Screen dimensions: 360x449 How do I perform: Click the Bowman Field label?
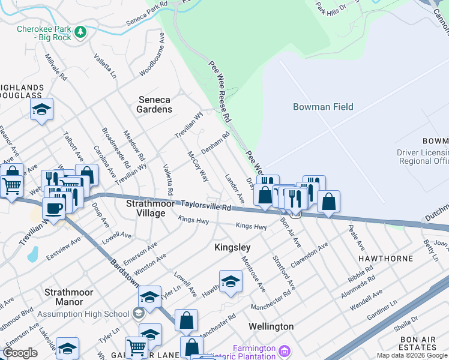(323, 107)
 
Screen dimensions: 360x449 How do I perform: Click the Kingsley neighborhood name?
(232, 247)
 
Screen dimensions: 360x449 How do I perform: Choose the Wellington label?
(271, 326)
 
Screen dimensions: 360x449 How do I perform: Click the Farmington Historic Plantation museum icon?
(286, 349)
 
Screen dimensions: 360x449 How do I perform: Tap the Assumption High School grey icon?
(139, 313)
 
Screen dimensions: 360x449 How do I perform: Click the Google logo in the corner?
(20, 353)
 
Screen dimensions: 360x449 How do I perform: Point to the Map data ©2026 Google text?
(412, 355)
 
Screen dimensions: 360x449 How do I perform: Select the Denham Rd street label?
(215, 143)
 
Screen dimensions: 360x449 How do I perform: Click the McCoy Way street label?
(198, 166)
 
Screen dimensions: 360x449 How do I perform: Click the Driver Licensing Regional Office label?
(423, 157)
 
